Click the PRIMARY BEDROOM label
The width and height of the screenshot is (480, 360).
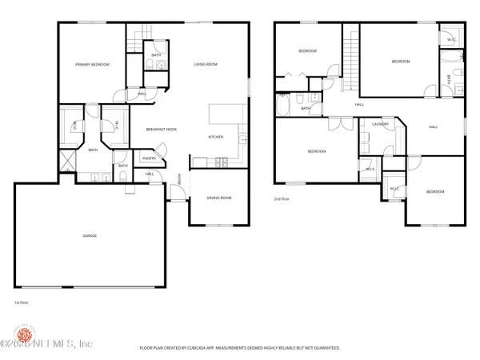(x=92, y=64)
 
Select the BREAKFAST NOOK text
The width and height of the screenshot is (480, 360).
(x=161, y=128)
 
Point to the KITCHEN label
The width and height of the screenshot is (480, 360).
(x=215, y=137)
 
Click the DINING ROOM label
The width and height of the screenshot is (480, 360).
(x=219, y=198)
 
